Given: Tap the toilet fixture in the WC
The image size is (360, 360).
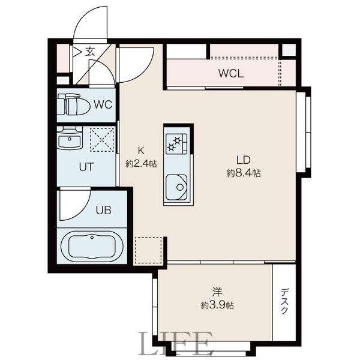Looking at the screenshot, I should point(73,106).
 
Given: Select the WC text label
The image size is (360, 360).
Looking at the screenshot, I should point(103,105).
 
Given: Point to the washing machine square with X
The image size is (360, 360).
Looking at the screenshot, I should point(101,140).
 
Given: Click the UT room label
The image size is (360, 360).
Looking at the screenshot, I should point(86,167).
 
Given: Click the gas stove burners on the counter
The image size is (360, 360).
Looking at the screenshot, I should point(178,143).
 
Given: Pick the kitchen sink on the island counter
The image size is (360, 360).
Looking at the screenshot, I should point(178,187).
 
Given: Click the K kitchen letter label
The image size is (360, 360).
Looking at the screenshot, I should point(142,151).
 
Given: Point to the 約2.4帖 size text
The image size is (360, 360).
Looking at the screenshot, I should point(141,163).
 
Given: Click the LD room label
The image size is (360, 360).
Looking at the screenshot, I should point(242,160).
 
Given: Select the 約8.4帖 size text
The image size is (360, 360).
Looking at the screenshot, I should point(243,173).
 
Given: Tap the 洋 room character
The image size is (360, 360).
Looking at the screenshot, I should point(217,292).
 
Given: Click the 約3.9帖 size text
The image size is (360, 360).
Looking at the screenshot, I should point(217,305).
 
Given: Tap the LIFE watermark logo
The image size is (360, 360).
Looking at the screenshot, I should point(176,344).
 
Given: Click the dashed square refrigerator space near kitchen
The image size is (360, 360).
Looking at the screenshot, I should point(149,250).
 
